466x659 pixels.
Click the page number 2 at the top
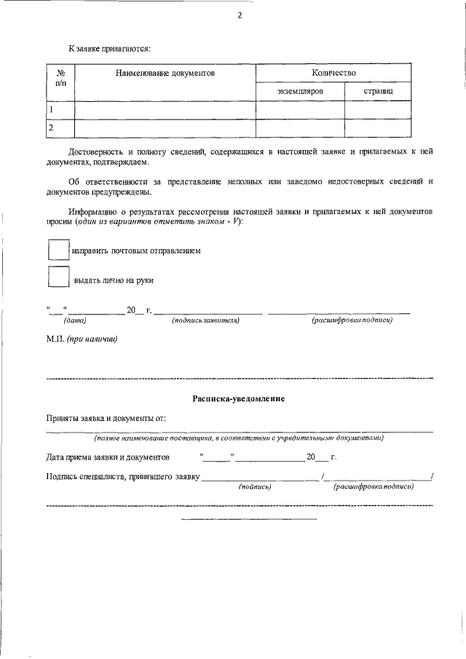point(239,16)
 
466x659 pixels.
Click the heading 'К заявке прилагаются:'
point(99,48)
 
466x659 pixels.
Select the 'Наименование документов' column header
point(165,73)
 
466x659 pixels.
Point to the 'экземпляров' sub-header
point(299,92)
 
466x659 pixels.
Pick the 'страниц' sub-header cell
point(378,92)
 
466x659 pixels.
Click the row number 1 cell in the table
point(61,110)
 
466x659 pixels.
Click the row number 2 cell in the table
point(61,128)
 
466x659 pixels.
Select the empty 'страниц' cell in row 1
point(378,110)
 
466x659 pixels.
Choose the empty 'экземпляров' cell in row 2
point(299,128)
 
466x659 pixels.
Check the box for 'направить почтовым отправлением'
point(58,250)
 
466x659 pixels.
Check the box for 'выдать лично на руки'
point(58,279)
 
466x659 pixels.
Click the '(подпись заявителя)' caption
point(205,320)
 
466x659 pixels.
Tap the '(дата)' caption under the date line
point(75,320)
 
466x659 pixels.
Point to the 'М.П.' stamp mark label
point(57,339)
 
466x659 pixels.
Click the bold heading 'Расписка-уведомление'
point(238,399)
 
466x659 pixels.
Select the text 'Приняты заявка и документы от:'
point(106,419)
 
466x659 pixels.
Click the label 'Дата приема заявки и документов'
point(108,457)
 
